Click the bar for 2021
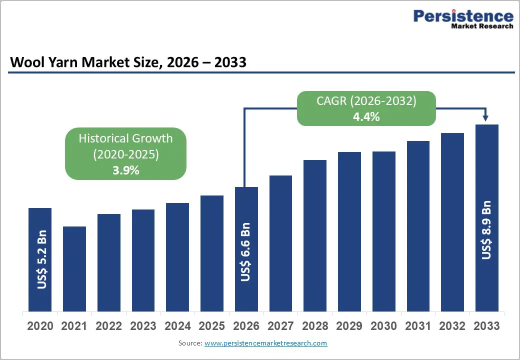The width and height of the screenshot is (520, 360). click(x=74, y=268)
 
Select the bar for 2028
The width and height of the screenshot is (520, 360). click(x=314, y=235)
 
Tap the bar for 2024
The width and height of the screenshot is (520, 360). click(x=177, y=257)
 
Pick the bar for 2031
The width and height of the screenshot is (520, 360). click(x=418, y=226)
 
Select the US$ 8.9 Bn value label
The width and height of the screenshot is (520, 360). click(x=486, y=230)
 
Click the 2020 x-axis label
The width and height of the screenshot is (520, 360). click(x=40, y=326)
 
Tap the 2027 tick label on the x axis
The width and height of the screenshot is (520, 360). click(x=280, y=326)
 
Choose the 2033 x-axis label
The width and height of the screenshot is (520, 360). click(x=486, y=326)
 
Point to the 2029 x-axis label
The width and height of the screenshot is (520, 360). click(x=349, y=326)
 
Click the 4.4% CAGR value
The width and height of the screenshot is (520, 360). click(x=366, y=117)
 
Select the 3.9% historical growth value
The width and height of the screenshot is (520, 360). click(x=125, y=170)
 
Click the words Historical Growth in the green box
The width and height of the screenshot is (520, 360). click(x=125, y=138)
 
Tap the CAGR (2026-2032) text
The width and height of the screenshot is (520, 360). click(x=366, y=101)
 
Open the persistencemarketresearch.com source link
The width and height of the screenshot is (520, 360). click(x=265, y=343)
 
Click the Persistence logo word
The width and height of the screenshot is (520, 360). click(x=463, y=16)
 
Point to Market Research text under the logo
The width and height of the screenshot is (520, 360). click(x=482, y=26)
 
